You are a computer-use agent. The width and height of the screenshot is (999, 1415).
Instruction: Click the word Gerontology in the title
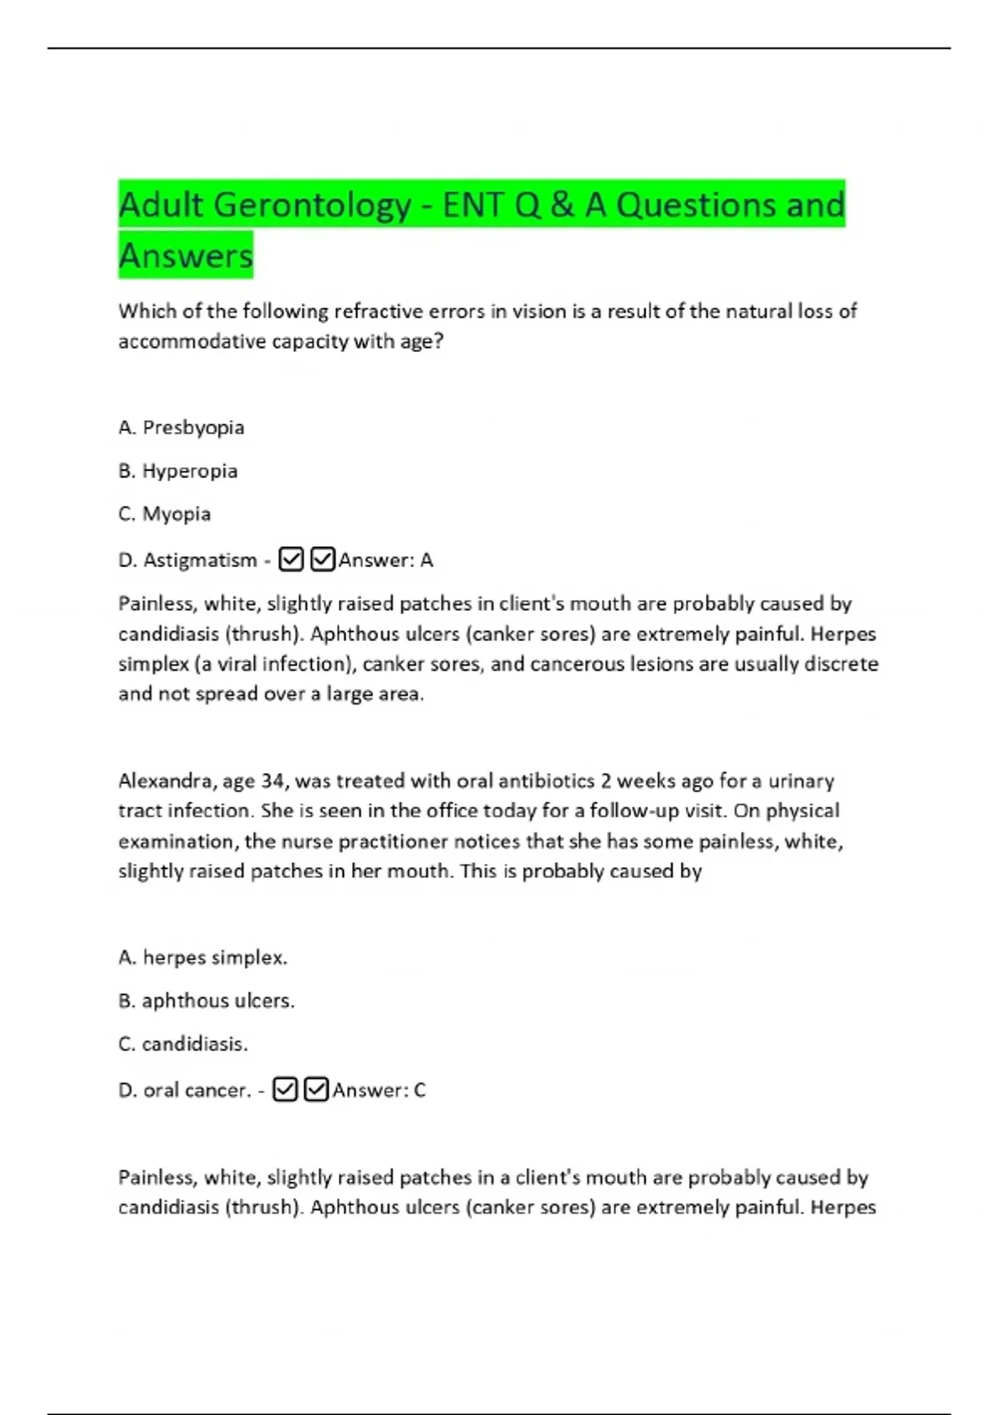(x=312, y=205)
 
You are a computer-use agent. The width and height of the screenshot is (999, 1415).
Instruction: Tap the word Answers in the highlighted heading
(x=186, y=256)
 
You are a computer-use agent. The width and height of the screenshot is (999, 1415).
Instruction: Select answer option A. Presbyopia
(x=181, y=428)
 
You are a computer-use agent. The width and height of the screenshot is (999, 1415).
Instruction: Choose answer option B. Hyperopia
(x=178, y=471)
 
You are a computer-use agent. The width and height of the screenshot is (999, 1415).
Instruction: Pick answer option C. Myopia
(x=165, y=514)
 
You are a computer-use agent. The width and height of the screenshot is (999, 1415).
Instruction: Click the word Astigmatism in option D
(x=200, y=560)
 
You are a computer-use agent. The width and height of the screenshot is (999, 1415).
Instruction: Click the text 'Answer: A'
(x=385, y=560)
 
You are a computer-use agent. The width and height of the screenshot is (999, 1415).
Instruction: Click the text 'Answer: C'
(x=379, y=1090)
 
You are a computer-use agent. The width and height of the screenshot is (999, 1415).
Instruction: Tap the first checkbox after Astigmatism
(x=291, y=559)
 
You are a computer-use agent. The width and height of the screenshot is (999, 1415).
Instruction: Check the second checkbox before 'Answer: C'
(x=316, y=1090)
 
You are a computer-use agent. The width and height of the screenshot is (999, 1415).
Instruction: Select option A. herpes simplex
(x=203, y=958)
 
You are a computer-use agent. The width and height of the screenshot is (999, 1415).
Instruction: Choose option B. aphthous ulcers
(x=206, y=1000)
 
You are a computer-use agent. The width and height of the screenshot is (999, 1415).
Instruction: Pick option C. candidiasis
(x=183, y=1044)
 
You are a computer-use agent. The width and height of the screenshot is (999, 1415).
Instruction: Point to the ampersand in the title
(x=562, y=205)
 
